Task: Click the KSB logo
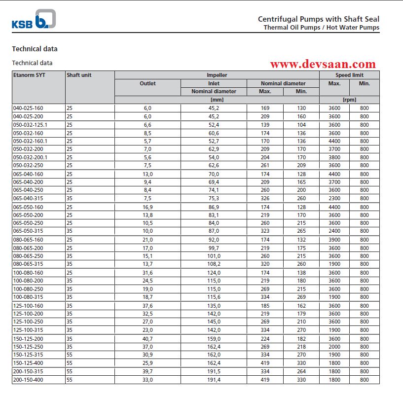click(34, 19)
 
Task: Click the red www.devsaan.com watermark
click(323, 64)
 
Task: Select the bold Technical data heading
click(35, 49)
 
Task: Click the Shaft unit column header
click(79, 75)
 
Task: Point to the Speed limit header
click(349, 75)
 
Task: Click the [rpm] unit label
click(349, 100)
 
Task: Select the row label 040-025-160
click(29, 108)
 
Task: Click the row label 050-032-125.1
click(30, 125)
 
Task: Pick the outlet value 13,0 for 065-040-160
click(147, 174)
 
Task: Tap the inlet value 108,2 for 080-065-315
click(214, 264)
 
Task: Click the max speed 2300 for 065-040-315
click(334, 199)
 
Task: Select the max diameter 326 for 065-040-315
click(265, 199)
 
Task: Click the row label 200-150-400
click(29, 380)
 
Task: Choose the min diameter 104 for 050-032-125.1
click(301, 125)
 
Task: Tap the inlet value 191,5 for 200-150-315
click(214, 371)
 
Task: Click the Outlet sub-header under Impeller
click(147, 83)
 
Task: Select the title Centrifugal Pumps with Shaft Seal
click(319, 19)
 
